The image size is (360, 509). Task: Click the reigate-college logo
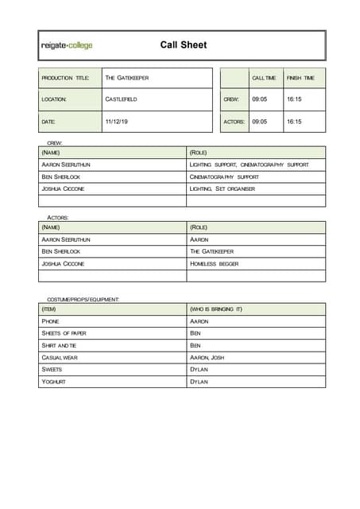67,45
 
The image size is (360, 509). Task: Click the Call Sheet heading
183,45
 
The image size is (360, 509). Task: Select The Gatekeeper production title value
127,78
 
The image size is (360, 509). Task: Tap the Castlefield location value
121,99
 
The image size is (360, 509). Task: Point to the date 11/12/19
116,122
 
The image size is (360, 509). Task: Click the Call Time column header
264,78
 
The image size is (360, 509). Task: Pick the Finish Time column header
300,78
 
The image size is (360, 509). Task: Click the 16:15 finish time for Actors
294,122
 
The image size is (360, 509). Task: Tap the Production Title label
66,78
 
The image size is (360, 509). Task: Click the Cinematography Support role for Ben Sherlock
224,177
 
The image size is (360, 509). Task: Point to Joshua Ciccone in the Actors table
63,263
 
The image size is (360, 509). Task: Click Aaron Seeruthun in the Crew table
66,164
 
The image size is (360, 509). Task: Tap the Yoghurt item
54,382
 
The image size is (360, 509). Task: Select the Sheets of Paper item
64,333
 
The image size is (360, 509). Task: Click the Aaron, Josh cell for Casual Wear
207,358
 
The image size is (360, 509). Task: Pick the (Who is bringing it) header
216,309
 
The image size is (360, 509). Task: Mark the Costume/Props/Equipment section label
83,299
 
